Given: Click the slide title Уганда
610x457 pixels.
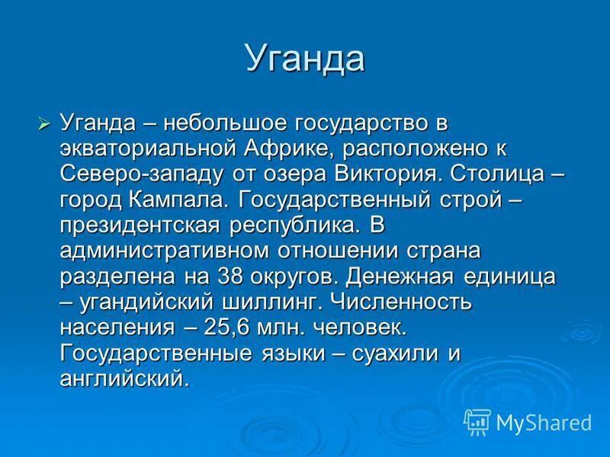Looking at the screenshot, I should pyautogui.click(x=304, y=59).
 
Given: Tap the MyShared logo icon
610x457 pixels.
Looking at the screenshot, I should pyautogui.click(x=477, y=421).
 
